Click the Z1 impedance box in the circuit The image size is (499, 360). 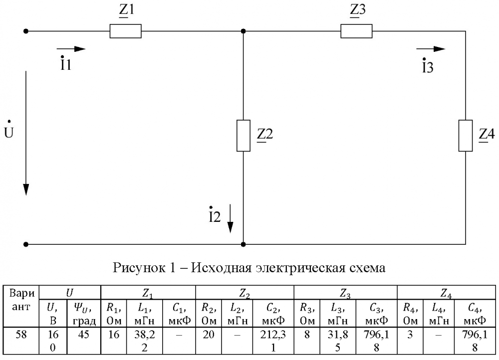coord(125,31)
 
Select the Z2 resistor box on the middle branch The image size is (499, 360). coord(244,136)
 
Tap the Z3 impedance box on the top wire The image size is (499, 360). coord(356,31)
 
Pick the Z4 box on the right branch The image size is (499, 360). coord(465,136)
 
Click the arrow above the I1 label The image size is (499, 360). coord(71,49)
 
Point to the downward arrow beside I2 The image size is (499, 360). coord(230,218)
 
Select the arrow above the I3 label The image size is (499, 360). coord(431,49)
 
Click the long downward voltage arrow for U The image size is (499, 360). coord(26,133)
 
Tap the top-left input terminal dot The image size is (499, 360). coord(26,31)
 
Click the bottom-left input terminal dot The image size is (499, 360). coord(26,244)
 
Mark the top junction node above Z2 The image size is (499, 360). coord(244,31)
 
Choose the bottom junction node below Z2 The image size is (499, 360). coord(244,244)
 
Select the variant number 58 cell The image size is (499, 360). coord(21,335)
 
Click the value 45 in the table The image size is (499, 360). coord(83,335)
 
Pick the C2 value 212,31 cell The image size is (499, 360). coord(273,341)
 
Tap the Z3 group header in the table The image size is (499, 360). coord(345,293)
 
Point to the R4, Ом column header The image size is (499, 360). coord(410,314)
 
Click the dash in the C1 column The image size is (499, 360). coord(179,335)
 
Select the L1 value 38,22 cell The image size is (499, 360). coord(145,341)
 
